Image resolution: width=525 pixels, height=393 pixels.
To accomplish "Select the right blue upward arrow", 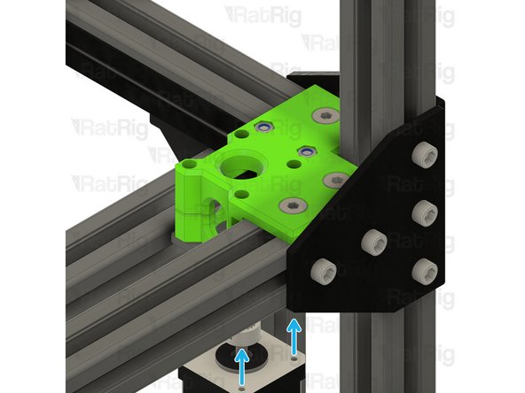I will coord(293,335).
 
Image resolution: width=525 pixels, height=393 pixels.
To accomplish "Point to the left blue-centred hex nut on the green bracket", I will coord(262,128).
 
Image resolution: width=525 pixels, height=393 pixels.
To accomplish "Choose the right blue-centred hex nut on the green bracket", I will coord(306,150).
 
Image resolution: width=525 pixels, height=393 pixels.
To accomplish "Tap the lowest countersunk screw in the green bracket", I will coord(289,204).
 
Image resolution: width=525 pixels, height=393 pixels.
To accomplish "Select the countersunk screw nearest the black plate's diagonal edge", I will coord(334,179).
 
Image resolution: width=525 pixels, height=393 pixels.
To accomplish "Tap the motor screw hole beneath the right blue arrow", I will coord(294,360).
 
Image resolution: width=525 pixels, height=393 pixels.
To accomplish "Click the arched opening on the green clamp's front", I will coord(212,205).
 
